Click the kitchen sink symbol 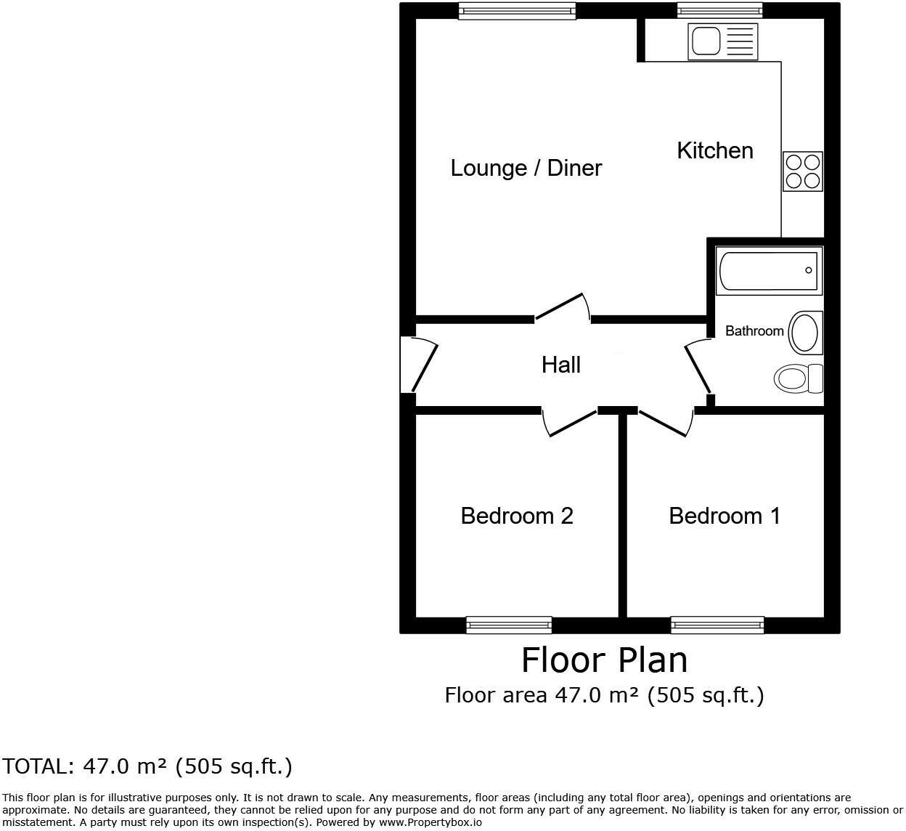point(722,41)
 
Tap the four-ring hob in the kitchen point(802,171)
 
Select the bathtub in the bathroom point(769,271)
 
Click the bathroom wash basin point(805,333)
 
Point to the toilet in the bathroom point(798,378)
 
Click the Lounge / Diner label point(526,168)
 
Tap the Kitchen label point(714,150)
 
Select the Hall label point(560,365)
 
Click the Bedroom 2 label point(516,516)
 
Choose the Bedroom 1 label point(724,516)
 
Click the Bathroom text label point(754,331)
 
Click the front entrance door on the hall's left point(421,365)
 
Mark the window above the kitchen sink point(719,10)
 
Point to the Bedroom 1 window point(717,625)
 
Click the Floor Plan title point(604,660)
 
